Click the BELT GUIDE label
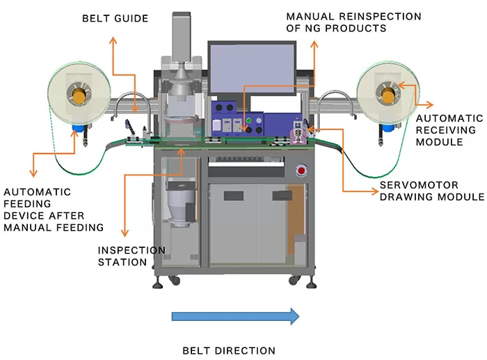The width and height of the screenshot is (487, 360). pyautogui.click(x=115, y=18)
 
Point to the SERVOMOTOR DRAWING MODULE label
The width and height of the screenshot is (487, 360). pyautogui.click(x=431, y=191)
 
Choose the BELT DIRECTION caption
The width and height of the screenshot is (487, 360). pyautogui.click(x=229, y=350)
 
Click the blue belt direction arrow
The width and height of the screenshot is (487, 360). pyautogui.click(x=235, y=317)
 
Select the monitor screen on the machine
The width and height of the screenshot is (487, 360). pyautogui.click(x=251, y=70)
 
